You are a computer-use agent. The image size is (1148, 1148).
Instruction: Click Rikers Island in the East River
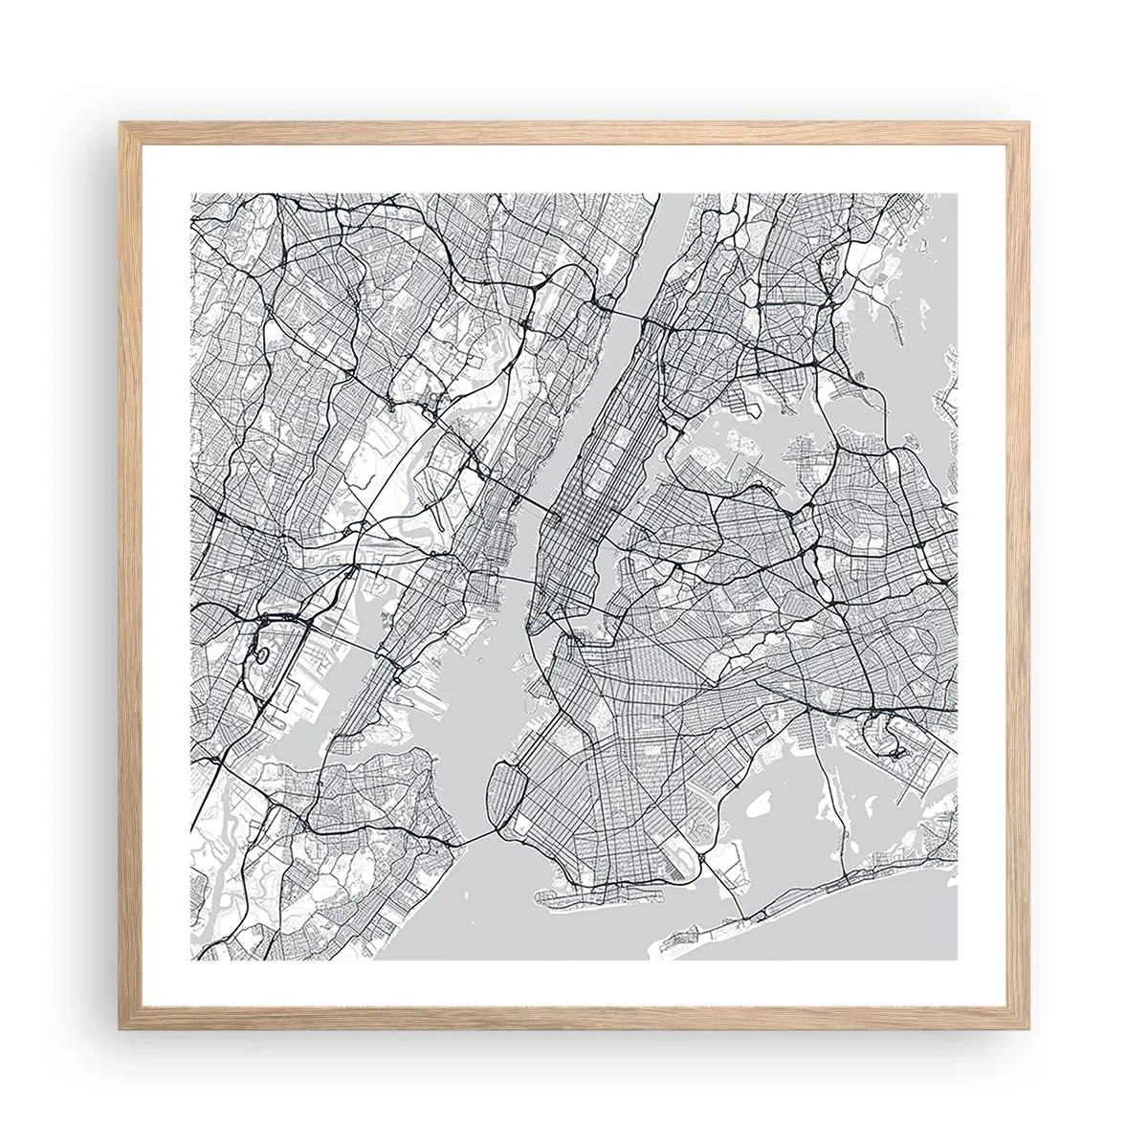[741, 439]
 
